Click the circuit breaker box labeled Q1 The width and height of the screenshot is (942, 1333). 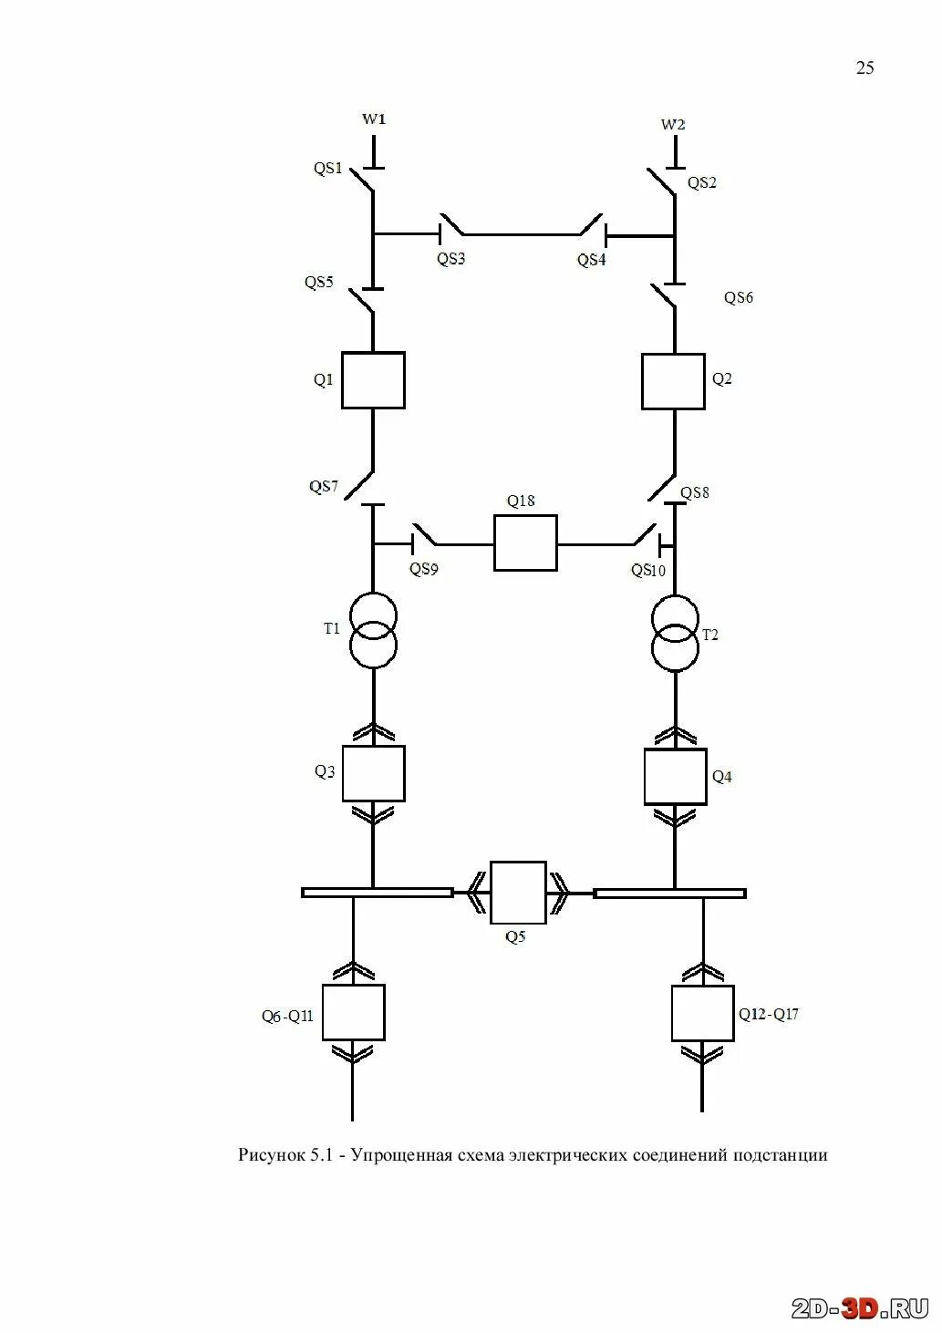click(x=373, y=380)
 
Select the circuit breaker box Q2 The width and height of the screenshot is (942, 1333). click(x=673, y=381)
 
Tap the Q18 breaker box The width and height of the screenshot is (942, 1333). click(x=525, y=543)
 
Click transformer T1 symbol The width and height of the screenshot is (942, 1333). click(x=373, y=630)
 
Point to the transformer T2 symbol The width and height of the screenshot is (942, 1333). click(x=675, y=633)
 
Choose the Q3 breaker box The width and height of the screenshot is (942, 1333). click(x=373, y=773)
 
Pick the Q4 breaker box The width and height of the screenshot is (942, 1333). click(x=675, y=777)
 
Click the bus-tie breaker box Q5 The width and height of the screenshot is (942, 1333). click(x=518, y=892)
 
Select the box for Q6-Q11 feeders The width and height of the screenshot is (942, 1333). click(x=353, y=1012)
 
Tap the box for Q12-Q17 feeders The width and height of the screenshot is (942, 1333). click(x=702, y=1013)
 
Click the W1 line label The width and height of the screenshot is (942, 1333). click(x=374, y=119)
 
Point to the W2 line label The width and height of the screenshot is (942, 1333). click(x=673, y=124)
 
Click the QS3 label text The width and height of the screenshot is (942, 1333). click(x=450, y=259)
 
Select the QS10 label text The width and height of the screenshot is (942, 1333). click(x=648, y=571)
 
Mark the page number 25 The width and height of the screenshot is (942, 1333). click(x=864, y=67)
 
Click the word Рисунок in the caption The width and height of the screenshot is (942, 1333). click(x=272, y=1155)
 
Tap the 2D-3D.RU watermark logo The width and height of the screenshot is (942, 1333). click(x=859, y=1308)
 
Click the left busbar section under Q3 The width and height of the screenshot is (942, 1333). click(x=377, y=893)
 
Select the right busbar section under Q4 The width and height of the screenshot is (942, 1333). click(x=669, y=894)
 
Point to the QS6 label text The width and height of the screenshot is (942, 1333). click(x=739, y=298)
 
